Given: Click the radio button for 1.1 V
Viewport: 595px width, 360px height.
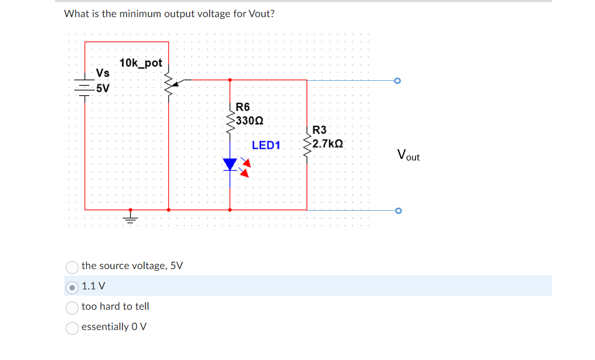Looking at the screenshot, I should click(72, 287).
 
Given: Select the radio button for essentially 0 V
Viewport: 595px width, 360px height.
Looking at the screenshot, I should click(72, 327).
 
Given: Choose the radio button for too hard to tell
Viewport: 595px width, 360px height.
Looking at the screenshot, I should click(72, 307).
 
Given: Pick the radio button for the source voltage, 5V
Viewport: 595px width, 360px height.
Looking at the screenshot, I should click(72, 266).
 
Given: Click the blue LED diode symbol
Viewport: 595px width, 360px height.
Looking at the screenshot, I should click(230, 164).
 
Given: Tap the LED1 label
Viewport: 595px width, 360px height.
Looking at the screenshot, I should click(266, 145).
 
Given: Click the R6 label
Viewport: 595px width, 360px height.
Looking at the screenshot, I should click(242, 107).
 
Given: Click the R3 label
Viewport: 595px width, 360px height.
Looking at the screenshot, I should click(319, 130).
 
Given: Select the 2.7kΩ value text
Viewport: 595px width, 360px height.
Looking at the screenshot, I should click(328, 144).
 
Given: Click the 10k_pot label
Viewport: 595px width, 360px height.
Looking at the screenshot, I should click(141, 63).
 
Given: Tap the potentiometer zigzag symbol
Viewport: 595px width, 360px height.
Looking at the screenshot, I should click(169, 82).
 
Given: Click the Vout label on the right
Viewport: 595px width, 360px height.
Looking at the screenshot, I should click(408, 156).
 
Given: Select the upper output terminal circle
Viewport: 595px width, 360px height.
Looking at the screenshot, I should click(397, 81).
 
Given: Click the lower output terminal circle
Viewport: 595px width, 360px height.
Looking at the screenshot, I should click(397, 211).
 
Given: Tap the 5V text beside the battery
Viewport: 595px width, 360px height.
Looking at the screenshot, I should click(102, 88).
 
